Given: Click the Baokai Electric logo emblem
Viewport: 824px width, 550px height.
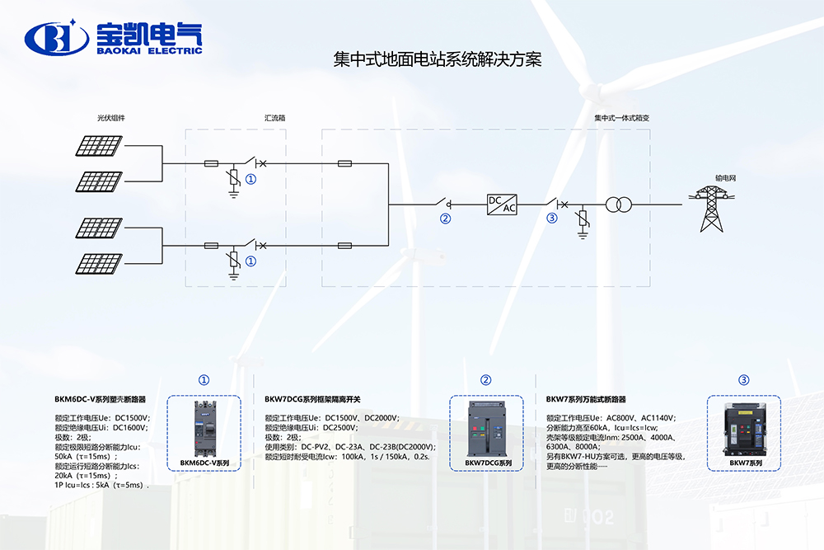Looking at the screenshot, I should click(x=57, y=37).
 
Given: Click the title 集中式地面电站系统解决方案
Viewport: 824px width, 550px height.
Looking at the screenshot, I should click(x=437, y=60).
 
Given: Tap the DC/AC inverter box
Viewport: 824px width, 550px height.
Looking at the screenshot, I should click(x=503, y=204).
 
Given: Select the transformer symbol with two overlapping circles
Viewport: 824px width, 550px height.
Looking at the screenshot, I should click(x=619, y=204).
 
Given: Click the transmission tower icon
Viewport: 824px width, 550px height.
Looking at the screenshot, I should click(x=710, y=208).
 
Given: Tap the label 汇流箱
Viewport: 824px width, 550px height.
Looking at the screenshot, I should click(x=264, y=118).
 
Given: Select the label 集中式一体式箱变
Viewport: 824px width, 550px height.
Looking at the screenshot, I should click(x=622, y=118).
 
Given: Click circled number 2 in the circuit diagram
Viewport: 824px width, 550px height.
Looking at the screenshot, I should click(x=446, y=219).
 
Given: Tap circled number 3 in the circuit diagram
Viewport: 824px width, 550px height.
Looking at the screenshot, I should click(x=552, y=219).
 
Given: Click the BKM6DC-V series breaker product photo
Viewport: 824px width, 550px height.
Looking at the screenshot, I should click(x=204, y=428).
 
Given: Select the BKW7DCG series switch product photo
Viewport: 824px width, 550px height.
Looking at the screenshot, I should click(x=487, y=428).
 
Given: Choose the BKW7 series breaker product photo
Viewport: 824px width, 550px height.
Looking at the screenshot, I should click(x=744, y=428).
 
